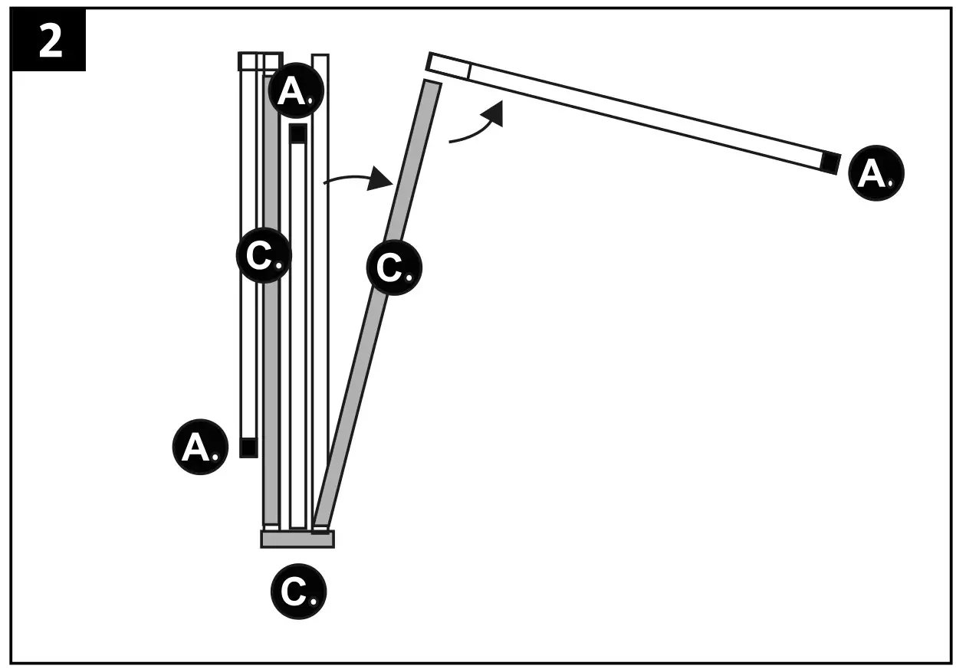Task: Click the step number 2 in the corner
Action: tap(49, 41)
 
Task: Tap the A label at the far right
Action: tap(876, 173)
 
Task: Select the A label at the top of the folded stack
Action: tap(296, 90)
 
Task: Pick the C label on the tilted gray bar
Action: tap(394, 267)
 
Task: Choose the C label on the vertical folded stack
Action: tap(263, 255)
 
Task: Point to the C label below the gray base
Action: tap(298, 591)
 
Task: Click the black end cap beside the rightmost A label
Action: tap(830, 162)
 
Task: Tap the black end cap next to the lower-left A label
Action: tap(248, 448)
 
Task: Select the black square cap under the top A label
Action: tap(298, 133)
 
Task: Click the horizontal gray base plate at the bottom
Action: tap(297, 539)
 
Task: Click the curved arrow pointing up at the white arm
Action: tap(479, 126)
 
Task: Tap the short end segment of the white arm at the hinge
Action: tap(448, 66)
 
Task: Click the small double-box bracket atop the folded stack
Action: tap(261, 61)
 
